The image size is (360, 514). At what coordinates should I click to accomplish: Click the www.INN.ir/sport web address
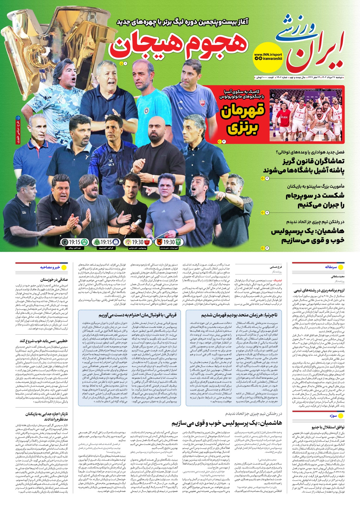[x=268, y=54]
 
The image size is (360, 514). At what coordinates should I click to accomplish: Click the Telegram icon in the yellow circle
[x=256, y=58]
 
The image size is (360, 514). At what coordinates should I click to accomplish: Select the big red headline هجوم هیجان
[x=179, y=45]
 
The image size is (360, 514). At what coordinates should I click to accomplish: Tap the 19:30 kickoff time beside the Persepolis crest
[x=138, y=242]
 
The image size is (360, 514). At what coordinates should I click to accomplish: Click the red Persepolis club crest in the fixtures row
[x=147, y=242]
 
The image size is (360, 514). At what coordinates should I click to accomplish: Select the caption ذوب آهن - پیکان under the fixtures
[x=74, y=248]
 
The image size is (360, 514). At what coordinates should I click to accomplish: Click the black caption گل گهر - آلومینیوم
[x=106, y=248]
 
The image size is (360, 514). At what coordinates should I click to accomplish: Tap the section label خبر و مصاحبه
[x=50, y=267]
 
